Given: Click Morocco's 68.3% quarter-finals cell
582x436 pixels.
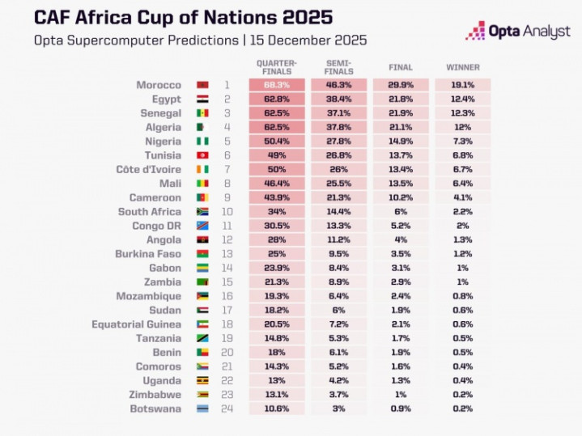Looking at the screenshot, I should pyautogui.click(x=278, y=84).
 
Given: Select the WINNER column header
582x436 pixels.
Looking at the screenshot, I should pyautogui.click(x=462, y=67).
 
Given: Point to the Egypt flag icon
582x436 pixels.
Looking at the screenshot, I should pyautogui.click(x=202, y=99).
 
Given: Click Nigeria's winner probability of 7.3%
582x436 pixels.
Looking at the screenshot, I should pyautogui.click(x=462, y=141).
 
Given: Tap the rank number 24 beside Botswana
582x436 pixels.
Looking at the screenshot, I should pyautogui.click(x=227, y=408).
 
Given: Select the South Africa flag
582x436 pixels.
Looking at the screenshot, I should pyautogui.click(x=202, y=211).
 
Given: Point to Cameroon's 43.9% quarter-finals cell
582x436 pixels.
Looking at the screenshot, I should pyautogui.click(x=278, y=197).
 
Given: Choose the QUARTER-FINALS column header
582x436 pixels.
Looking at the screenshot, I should pyautogui.click(x=278, y=67).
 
